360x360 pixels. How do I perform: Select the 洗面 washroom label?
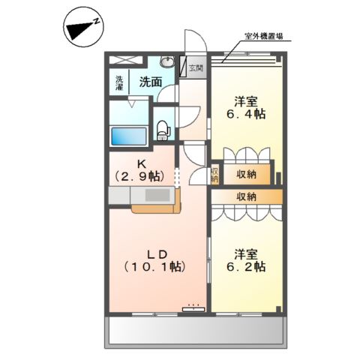pyautogui.click(x=151, y=82)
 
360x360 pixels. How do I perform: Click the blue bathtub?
pyautogui.click(x=127, y=137)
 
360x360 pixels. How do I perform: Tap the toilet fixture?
pyautogui.click(x=163, y=128)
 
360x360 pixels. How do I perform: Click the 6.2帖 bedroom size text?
pyautogui.click(x=247, y=266)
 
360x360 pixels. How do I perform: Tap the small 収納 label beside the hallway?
pyautogui.click(x=214, y=173)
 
